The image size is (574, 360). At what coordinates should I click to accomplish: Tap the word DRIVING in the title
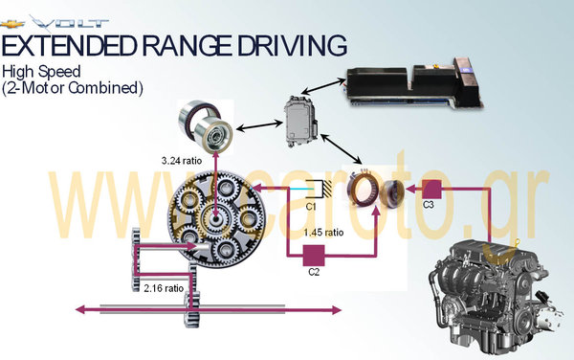(292, 45)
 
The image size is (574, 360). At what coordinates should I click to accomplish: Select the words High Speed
(41, 72)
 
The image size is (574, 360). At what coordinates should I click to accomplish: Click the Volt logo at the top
(55, 23)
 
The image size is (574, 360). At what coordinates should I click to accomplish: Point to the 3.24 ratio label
(182, 161)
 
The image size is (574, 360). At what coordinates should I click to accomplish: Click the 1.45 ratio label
(323, 233)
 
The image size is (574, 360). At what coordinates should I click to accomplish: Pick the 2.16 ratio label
(164, 288)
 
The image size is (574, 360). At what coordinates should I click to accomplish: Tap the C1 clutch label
(310, 207)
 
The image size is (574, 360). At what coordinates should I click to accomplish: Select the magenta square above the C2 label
(314, 256)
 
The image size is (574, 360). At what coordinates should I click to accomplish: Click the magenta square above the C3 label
(432, 190)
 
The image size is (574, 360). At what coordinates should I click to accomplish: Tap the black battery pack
(413, 84)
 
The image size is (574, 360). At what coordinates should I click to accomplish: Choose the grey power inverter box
(301, 122)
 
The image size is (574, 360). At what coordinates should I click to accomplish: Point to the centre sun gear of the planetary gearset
(215, 219)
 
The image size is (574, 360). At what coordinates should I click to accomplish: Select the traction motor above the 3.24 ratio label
(206, 126)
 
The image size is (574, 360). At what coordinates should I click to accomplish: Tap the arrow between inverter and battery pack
(325, 86)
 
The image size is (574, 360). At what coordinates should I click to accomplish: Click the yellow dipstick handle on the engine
(517, 242)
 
